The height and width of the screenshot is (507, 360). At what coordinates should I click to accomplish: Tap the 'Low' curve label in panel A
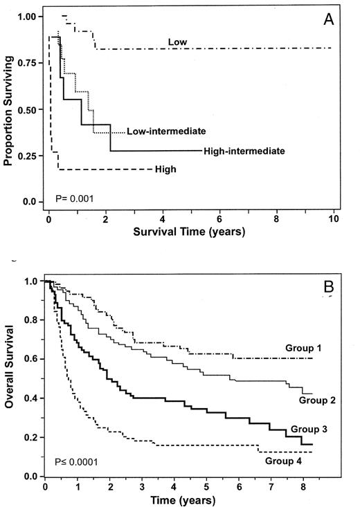click(x=177, y=42)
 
